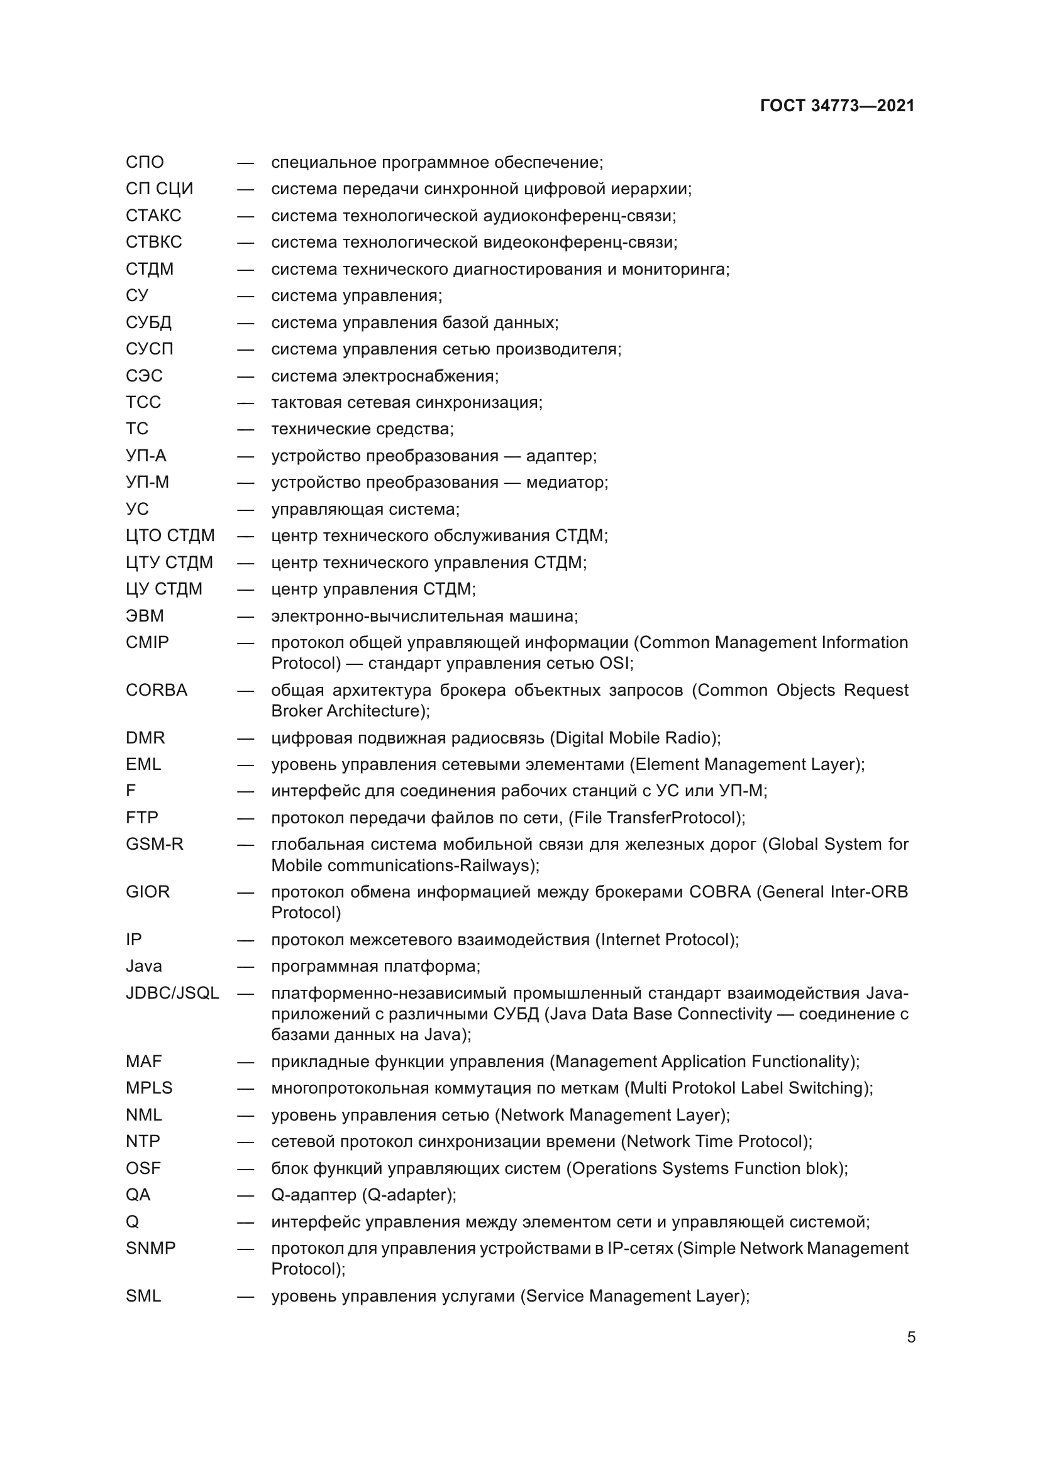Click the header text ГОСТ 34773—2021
[837, 106]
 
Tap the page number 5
[910, 1337]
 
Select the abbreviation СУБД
[148, 322]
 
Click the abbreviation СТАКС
[153, 215]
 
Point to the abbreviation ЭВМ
[145, 615]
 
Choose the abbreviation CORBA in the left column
[157, 690]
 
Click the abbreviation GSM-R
[154, 844]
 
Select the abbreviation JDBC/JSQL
[172, 993]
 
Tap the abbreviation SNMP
[150, 1248]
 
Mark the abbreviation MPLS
[149, 1088]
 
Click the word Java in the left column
[143, 966]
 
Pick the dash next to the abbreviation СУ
[245, 296]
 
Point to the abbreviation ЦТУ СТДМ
[169, 562]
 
